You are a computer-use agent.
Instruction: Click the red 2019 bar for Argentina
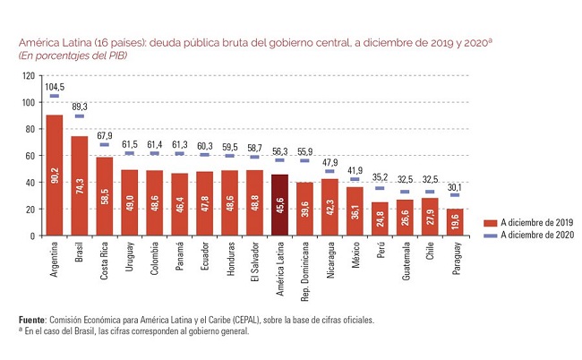55,176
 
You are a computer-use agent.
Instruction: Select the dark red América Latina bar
279,205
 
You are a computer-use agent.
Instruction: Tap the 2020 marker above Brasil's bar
80,116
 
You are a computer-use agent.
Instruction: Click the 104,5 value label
55,87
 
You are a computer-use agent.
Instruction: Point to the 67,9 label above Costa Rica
105,136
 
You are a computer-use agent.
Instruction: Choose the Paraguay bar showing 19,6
455,222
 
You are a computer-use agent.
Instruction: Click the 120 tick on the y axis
29,76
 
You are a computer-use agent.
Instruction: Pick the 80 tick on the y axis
30,129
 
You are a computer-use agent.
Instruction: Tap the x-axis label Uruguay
129,256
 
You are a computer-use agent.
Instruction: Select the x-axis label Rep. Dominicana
304,271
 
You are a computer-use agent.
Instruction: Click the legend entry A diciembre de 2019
528,223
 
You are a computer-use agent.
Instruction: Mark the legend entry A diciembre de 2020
528,235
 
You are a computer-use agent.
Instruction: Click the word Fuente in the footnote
32,320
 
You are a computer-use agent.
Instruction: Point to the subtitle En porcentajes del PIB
73,56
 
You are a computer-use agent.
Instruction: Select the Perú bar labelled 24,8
380,219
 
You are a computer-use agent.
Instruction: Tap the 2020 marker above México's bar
355,179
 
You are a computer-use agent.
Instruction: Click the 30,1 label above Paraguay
455,187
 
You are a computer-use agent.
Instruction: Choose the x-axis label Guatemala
406,261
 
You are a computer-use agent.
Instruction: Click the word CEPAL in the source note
245,320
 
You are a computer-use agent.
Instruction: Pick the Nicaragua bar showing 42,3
330,208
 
